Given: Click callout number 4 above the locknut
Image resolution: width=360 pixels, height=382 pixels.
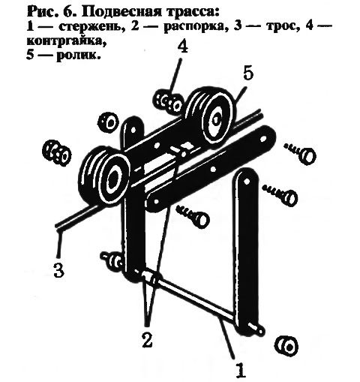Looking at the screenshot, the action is [x=183, y=47].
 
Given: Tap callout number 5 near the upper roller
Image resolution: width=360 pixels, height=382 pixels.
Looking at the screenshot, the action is [x=248, y=74].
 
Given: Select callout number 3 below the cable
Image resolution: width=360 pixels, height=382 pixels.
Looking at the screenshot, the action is [x=59, y=270].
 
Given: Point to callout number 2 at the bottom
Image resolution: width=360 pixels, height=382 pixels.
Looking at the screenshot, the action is [x=147, y=340].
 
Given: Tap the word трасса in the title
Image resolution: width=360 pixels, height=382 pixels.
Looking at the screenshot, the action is [x=194, y=14].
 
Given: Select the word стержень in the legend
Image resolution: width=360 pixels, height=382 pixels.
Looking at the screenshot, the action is [x=92, y=27].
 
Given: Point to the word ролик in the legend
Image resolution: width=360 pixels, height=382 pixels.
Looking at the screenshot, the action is [x=78, y=55].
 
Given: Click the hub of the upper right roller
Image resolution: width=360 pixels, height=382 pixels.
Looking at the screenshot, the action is [x=215, y=120].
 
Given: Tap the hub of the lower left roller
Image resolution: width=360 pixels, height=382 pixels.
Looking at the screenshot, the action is [x=114, y=179].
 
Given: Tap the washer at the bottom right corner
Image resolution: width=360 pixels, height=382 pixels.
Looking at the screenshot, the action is [x=286, y=347].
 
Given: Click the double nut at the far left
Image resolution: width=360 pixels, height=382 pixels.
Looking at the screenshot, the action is [x=57, y=153].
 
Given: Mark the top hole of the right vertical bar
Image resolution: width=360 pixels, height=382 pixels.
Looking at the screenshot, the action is [x=246, y=181].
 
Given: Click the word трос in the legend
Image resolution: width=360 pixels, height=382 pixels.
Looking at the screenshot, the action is [x=274, y=27].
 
